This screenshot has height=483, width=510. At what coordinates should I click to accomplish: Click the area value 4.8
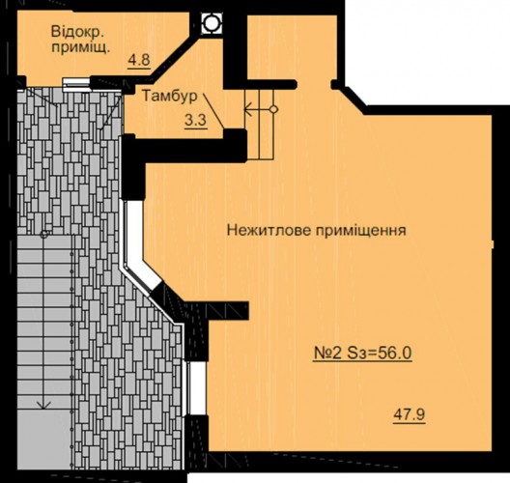tap(139, 61)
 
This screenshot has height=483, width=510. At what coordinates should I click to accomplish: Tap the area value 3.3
tap(196, 121)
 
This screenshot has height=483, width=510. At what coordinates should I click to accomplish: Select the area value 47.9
tap(410, 414)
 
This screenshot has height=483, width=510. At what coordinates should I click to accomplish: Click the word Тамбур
tap(170, 97)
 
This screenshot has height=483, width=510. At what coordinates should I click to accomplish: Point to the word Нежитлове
tap(269, 231)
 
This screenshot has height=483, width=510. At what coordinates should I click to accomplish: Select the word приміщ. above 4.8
tap(81, 49)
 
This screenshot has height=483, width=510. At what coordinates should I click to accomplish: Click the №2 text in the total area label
tap(327, 353)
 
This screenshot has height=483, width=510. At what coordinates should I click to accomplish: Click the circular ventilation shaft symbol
tap(212, 23)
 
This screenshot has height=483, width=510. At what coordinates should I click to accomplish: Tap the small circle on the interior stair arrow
tap(274, 109)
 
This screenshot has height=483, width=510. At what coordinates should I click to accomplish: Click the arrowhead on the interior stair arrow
tap(248, 109)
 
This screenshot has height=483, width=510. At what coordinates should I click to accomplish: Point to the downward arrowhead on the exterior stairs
tap(43, 405)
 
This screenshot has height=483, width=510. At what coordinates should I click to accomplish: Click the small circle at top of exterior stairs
tap(43, 235)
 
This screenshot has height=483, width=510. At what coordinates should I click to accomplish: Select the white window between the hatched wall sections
tap(197, 388)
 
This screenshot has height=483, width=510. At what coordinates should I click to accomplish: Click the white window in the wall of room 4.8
tap(76, 84)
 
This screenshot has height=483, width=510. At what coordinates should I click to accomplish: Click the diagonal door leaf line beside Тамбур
tap(213, 111)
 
